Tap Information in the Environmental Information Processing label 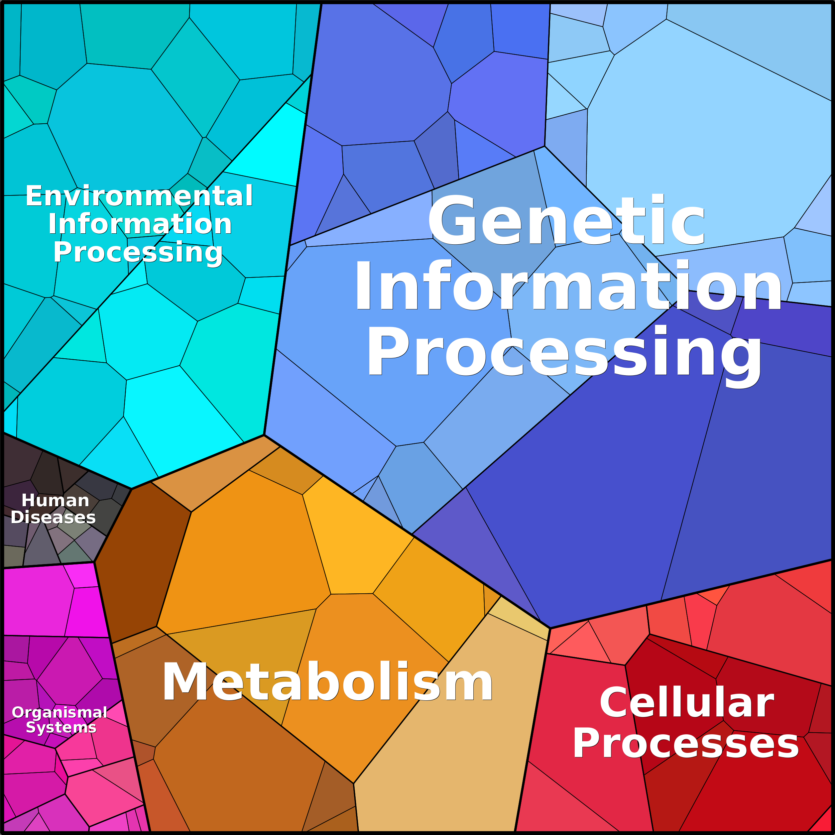tap(140, 224)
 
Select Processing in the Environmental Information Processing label tap(137, 252)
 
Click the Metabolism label tap(327, 682)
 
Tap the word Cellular tap(687, 703)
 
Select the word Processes tap(686, 743)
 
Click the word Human tap(55, 501)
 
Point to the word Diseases tap(53, 517)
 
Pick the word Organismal tap(59, 712)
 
